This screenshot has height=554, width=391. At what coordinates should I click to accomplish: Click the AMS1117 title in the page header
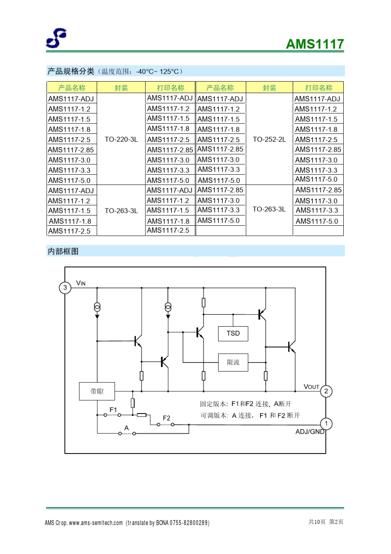coord(314,44)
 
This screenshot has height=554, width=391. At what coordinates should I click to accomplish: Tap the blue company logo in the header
coord(56,38)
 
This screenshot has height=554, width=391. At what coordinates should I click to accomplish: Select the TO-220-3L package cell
coord(121,139)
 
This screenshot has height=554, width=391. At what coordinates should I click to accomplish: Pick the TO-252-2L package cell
coord(269,139)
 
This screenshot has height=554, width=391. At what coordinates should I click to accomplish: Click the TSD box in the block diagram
coord(233,333)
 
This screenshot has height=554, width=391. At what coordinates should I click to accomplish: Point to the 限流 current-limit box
coord(233,362)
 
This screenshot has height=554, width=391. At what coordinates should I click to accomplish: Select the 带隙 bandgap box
coord(97,391)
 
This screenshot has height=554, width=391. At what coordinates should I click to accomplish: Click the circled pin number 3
coord(65,288)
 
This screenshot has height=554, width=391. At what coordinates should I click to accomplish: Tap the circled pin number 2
coord(326,391)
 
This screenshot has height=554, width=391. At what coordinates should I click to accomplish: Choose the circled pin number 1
coord(326,423)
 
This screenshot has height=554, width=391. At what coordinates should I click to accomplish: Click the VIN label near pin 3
coord(81,283)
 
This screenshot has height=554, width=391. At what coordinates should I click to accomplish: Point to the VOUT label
coord(311,386)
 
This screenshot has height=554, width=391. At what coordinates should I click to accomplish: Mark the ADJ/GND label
coord(310,432)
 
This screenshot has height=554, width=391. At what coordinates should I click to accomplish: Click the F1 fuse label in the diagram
coord(113,409)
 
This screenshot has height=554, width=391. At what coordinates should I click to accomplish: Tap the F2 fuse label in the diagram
coord(166,418)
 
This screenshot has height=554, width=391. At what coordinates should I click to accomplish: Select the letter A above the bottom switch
coord(126,428)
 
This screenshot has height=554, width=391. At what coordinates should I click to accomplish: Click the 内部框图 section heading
coord(63,251)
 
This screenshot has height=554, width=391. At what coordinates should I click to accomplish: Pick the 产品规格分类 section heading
coord(71,71)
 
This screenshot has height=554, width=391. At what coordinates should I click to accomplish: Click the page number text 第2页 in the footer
coord(336,522)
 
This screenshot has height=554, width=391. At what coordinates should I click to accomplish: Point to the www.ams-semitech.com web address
coord(96,523)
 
